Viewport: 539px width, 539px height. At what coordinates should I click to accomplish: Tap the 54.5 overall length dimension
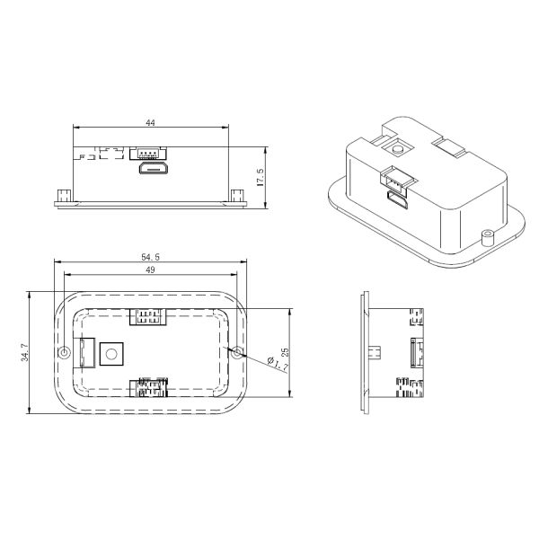click(x=150, y=257)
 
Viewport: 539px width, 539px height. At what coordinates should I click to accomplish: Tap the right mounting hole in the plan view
click(x=237, y=353)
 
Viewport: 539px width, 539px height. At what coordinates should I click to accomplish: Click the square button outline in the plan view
click(x=111, y=353)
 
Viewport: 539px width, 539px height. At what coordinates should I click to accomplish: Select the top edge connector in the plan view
click(x=149, y=316)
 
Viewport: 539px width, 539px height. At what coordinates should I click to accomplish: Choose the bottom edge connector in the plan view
click(x=149, y=389)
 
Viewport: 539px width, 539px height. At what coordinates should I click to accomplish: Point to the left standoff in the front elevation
click(x=62, y=195)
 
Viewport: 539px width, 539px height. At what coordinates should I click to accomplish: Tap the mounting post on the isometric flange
click(x=488, y=237)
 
